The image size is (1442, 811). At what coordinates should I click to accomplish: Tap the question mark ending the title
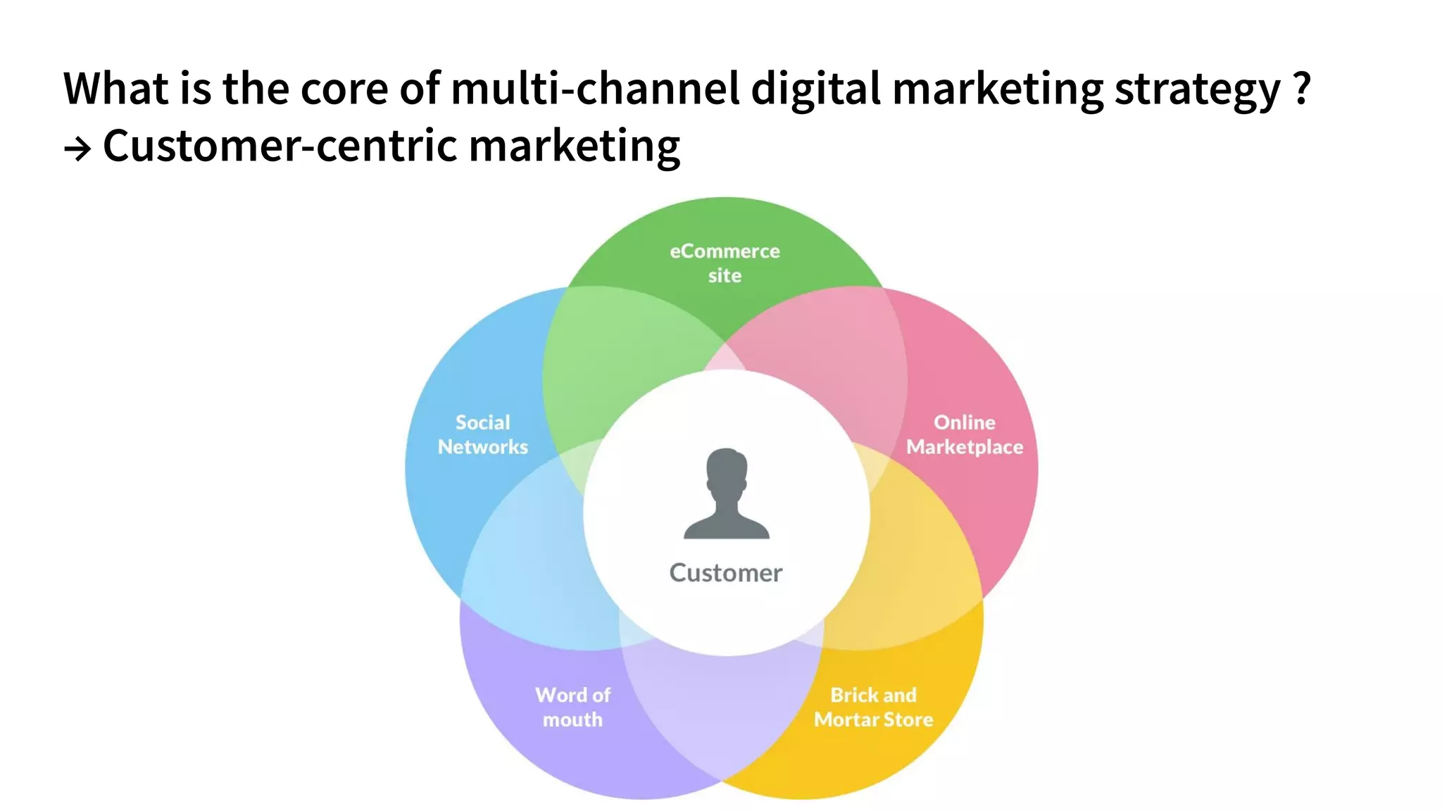point(1302,89)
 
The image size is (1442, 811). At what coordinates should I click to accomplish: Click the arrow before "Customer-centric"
point(77,149)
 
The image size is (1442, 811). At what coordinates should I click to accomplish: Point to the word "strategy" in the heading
point(1197,90)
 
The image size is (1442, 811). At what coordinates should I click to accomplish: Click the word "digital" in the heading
point(815,90)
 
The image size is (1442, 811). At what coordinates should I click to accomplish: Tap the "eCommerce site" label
point(725,263)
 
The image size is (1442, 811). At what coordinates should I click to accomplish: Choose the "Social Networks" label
point(483,434)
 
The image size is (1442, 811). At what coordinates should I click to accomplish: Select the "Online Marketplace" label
point(965,434)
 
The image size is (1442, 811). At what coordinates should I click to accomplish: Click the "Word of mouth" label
point(572,707)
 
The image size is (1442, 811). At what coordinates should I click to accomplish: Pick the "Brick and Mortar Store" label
point(874,707)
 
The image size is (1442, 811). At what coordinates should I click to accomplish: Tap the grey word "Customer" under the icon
point(726,573)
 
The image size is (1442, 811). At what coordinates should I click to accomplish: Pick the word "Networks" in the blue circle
point(483,447)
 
